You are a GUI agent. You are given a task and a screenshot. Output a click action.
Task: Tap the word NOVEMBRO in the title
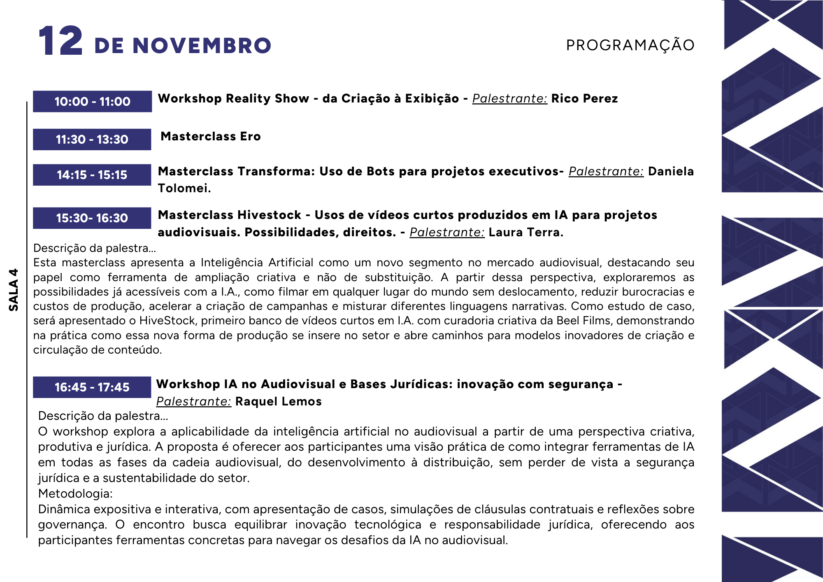tap(202, 46)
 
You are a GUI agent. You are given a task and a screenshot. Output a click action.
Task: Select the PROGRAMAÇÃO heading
tap(630, 45)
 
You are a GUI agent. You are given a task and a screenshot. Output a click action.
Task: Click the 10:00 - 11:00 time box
tap(92, 101)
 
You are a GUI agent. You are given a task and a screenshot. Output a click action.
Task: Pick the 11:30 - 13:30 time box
tap(92, 140)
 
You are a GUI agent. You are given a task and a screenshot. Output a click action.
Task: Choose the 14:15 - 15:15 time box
tap(92, 175)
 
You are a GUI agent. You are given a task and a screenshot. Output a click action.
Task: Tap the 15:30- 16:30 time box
tap(92, 218)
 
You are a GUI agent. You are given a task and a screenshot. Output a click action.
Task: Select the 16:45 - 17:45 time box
tap(92, 387)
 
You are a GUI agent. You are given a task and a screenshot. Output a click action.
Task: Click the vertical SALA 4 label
tap(14, 290)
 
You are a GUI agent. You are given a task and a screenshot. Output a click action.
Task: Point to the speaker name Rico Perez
tap(584, 99)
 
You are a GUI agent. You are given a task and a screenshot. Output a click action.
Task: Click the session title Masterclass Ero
tap(211, 137)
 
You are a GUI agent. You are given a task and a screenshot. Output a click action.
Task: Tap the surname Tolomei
tap(184, 189)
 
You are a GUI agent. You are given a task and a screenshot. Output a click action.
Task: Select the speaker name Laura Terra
tap(525, 233)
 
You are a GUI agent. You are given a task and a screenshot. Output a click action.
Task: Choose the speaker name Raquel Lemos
tap(278, 402)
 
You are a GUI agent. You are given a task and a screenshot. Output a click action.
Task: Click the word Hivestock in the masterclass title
tap(270, 215)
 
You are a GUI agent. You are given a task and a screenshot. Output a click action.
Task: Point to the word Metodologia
tap(75, 494)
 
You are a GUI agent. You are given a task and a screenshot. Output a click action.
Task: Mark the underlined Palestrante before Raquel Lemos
tap(193, 402)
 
